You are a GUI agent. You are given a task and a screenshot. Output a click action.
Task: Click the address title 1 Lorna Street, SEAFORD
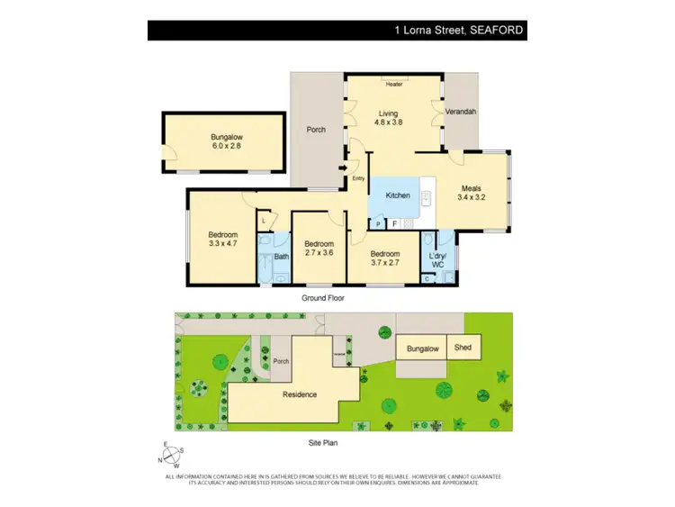pos(458,31)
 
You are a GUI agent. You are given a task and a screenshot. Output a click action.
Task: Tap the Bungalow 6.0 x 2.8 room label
pos(227,141)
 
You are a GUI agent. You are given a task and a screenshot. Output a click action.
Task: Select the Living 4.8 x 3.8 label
pos(393,118)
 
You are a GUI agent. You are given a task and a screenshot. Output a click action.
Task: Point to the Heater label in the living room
pos(393,85)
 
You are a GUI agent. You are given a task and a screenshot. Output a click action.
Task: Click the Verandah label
pos(462,112)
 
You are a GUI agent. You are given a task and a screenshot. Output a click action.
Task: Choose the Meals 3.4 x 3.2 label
pos(471,192)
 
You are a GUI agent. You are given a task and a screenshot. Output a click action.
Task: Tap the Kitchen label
pos(398,195)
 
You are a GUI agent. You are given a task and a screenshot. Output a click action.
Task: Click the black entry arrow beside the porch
pos(342,167)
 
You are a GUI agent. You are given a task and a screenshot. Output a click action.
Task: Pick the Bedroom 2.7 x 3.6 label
pos(319,249)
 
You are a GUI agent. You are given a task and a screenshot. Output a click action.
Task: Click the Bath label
pos(281,257)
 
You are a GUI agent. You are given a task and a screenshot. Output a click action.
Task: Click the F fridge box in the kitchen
pos(394,222)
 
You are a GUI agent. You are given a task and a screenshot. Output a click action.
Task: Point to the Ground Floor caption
pos(322,297)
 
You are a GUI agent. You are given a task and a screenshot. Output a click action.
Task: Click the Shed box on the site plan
pos(463,348)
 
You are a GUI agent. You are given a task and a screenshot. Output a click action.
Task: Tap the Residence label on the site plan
pos(299,394)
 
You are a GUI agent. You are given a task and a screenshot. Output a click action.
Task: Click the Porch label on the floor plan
pos(316,130)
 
